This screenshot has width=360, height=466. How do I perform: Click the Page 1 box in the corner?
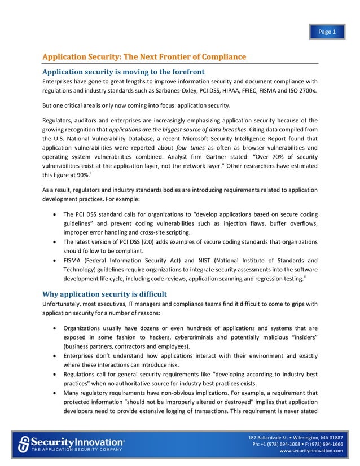tap(327, 32)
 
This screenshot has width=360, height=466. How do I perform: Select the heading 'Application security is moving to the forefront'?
tap(120, 71)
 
